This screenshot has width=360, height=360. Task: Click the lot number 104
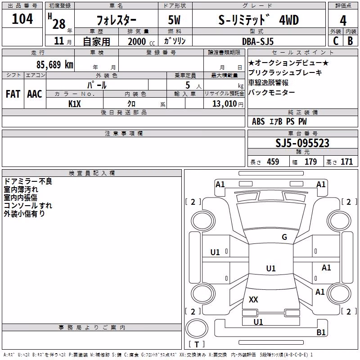[22, 19]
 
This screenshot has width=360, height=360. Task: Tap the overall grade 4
[343, 20]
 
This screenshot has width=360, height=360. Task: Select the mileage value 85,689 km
[54, 65]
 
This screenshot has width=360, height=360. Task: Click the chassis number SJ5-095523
[302, 143]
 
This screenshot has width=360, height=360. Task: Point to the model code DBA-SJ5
[258, 41]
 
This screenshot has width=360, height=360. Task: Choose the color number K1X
[75, 104]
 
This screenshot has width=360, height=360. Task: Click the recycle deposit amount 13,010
[225, 104]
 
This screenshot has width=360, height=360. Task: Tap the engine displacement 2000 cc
[141, 41]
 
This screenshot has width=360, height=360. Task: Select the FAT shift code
[13, 94]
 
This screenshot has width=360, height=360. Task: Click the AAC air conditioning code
[35, 94]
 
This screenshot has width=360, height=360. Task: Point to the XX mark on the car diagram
[253, 299]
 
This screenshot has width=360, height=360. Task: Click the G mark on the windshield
[284, 237]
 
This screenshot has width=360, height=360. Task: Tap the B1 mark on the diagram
[321, 332]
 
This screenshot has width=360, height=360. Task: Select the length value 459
[273, 162]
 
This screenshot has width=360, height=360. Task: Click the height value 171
[346, 162]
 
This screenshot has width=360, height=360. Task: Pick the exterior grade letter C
[336, 41]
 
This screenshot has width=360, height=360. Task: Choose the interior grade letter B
[351, 41]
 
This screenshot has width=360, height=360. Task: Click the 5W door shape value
[174, 20]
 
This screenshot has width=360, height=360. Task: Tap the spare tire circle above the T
[197, 328]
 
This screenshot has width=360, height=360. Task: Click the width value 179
[311, 162]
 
